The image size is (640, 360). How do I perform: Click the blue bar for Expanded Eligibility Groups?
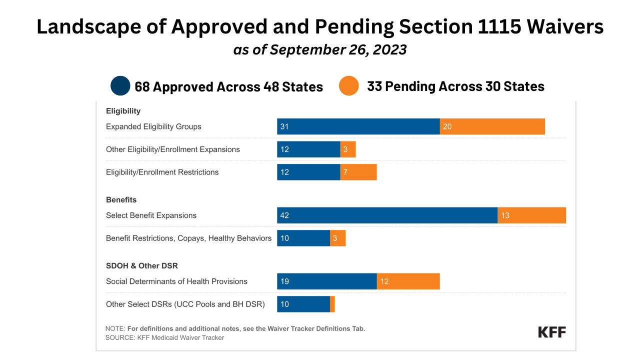click(358, 126)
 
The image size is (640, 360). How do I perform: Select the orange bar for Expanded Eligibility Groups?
click(492, 126)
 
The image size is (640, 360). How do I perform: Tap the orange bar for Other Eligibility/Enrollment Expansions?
click(348, 149)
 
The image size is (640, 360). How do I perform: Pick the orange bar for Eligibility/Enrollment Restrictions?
click(358, 172)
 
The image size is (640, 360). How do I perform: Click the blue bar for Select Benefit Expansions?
click(387, 215)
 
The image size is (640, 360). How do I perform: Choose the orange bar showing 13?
click(531, 215)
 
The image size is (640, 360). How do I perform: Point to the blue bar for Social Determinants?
click(326, 281)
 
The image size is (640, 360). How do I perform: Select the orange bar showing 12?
click(408, 281)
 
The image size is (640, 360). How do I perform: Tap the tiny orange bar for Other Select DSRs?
click(332, 304)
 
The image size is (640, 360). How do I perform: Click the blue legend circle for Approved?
click(120, 86)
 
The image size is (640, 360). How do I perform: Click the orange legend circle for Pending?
click(348, 86)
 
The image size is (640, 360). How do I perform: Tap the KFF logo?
click(552, 332)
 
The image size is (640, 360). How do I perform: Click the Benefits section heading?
click(121, 199)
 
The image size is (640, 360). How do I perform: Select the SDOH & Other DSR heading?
click(142, 266)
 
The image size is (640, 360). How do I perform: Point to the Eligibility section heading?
click(123, 111)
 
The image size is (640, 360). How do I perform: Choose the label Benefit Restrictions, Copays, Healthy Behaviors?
click(188, 238)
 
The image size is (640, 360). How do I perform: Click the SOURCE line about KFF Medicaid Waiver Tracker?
click(164, 337)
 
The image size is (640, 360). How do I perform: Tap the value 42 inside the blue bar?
click(284, 215)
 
